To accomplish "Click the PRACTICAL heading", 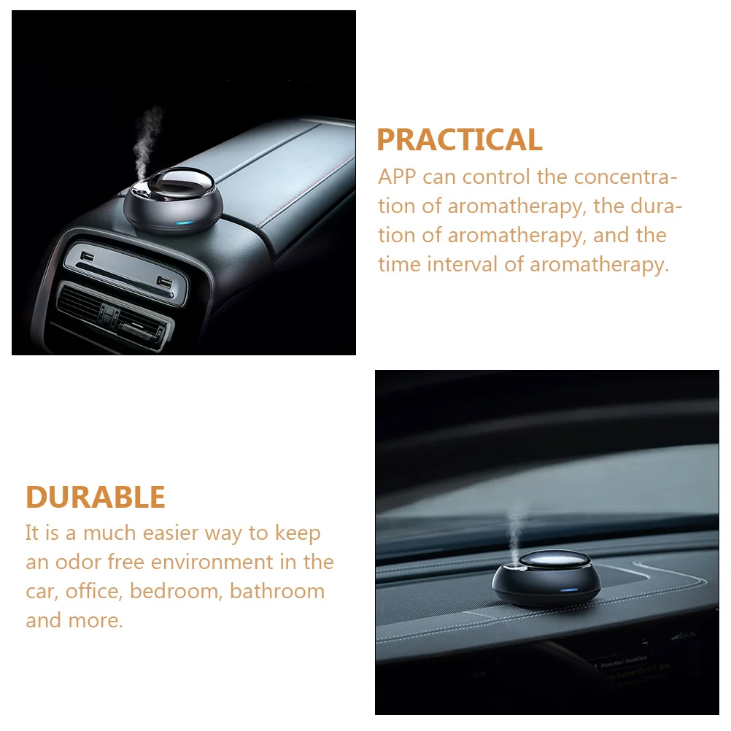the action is click(x=459, y=140).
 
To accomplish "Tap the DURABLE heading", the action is click(x=96, y=497).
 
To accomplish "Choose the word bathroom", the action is click(x=277, y=591).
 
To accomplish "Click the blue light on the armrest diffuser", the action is click(x=184, y=223).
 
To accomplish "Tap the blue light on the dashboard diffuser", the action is click(x=569, y=589).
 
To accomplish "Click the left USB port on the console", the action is click(x=87, y=256).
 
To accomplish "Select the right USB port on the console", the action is click(x=165, y=282).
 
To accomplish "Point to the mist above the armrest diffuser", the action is click(x=147, y=142).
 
